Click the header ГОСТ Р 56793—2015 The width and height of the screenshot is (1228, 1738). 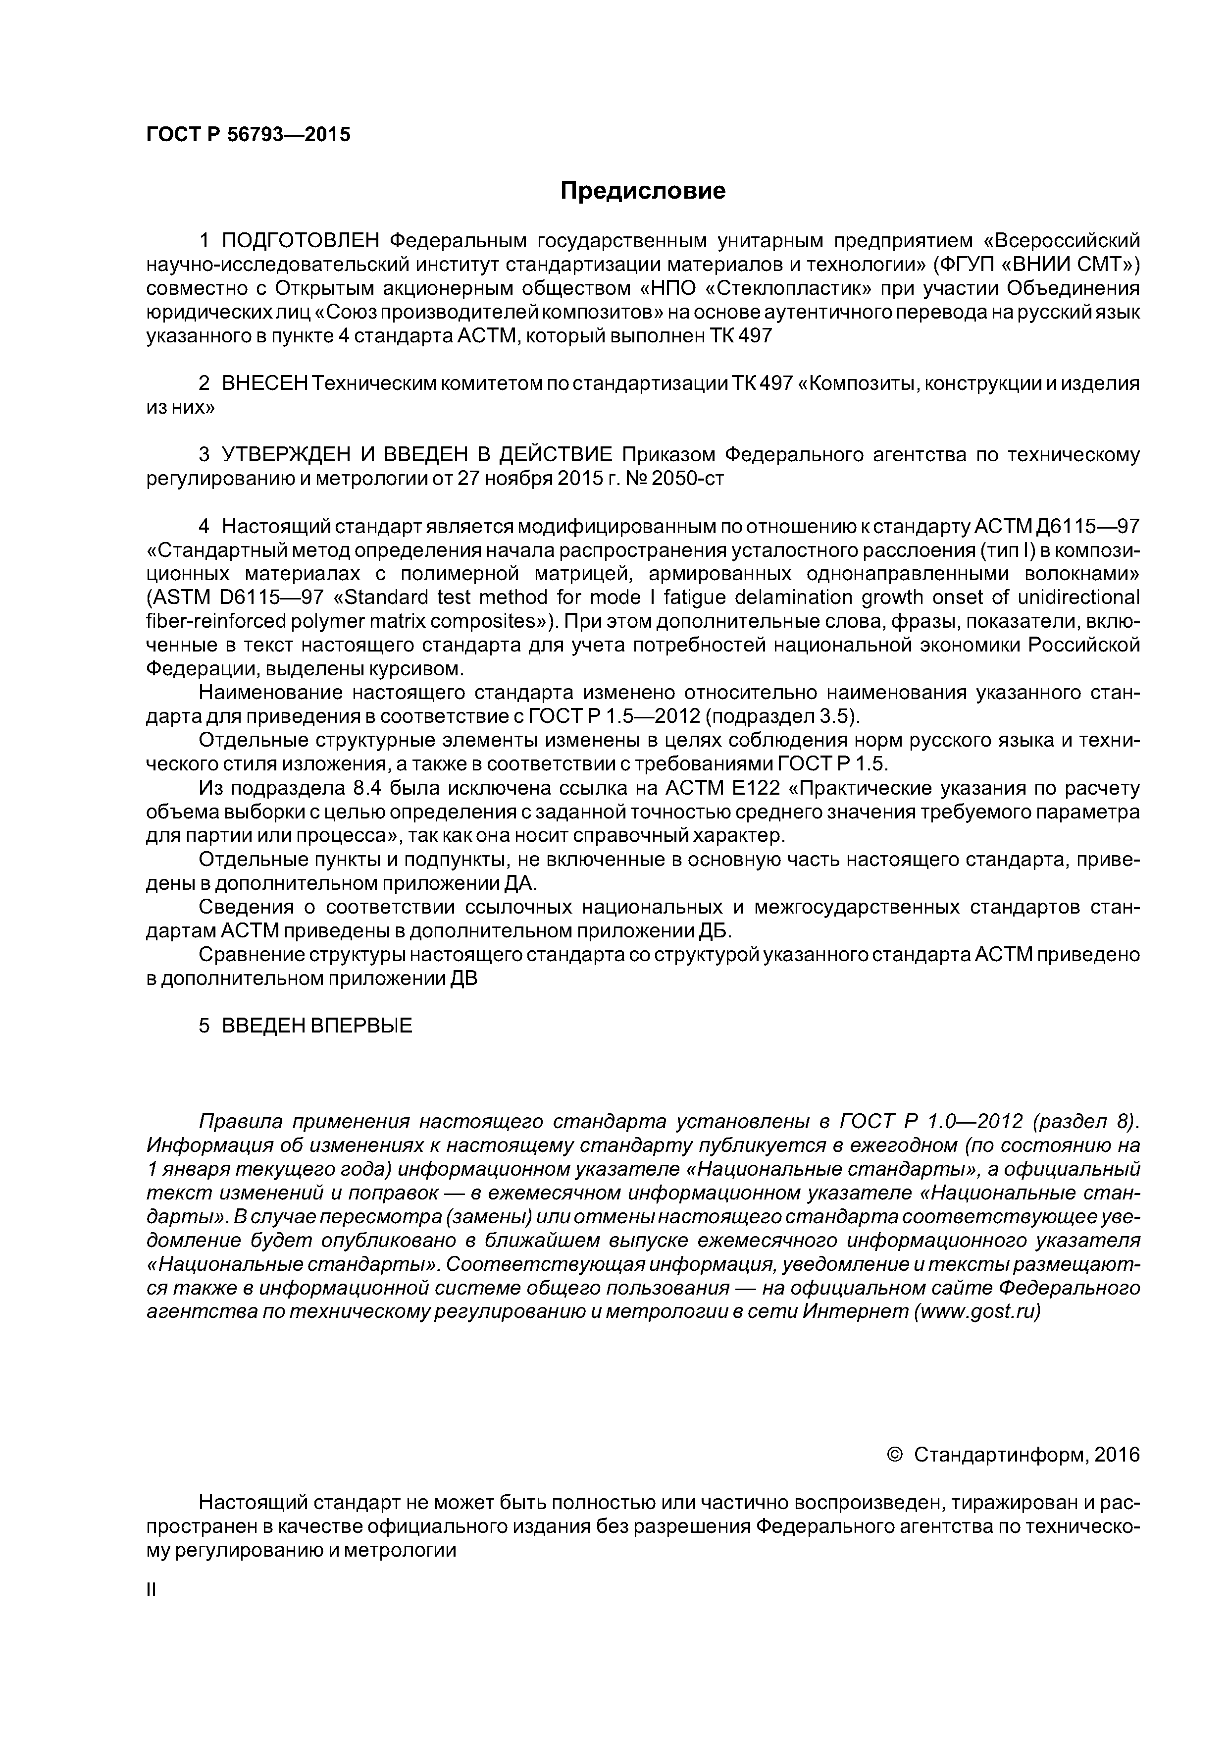coord(248,135)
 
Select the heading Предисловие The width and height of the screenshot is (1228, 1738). coord(642,191)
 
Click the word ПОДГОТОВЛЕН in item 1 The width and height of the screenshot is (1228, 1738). coord(300,241)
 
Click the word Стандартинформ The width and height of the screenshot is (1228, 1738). coord(1000,1455)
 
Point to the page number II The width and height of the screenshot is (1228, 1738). coord(151,1590)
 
